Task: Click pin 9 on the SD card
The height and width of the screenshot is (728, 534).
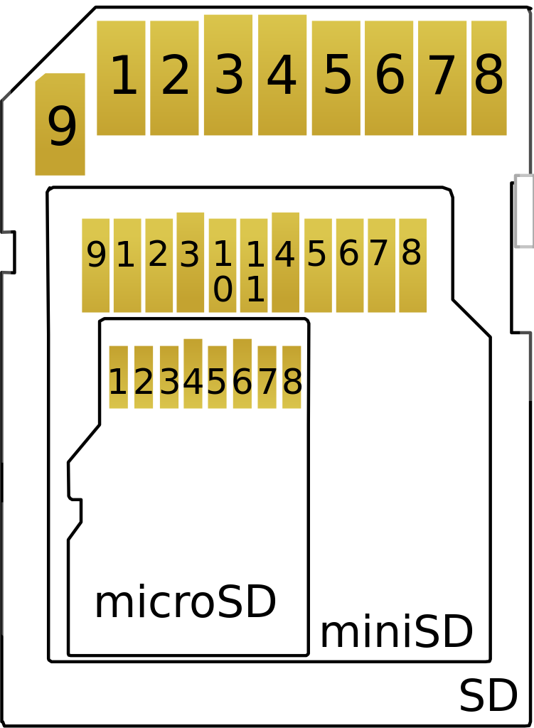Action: point(60,125)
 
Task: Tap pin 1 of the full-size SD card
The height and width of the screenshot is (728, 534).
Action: point(122,77)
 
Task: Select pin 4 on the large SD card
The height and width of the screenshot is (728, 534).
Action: point(282,75)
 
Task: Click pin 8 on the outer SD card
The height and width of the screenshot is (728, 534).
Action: point(489,77)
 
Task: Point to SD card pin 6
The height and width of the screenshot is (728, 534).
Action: point(389,77)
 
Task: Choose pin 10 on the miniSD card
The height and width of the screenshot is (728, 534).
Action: point(223,265)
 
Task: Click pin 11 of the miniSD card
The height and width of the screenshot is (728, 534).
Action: point(254,265)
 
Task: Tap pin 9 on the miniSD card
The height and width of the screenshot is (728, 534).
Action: point(95,265)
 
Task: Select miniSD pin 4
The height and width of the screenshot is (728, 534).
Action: point(285,262)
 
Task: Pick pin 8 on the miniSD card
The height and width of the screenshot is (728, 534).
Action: point(412,265)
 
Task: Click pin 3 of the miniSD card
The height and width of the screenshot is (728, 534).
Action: point(190,262)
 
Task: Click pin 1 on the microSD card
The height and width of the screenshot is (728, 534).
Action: point(118,378)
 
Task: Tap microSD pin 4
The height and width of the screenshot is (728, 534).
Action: point(193,374)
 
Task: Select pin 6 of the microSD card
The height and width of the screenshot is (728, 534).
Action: point(242,374)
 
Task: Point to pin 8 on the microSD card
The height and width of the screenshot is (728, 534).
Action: point(292,378)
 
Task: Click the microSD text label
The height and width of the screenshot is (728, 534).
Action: point(185,604)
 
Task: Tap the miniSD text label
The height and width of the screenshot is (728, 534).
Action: point(396,633)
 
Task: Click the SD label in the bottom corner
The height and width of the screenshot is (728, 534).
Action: point(488,697)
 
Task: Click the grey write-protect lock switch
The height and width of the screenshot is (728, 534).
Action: point(524,211)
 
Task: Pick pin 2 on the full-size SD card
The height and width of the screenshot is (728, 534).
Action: point(174,77)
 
